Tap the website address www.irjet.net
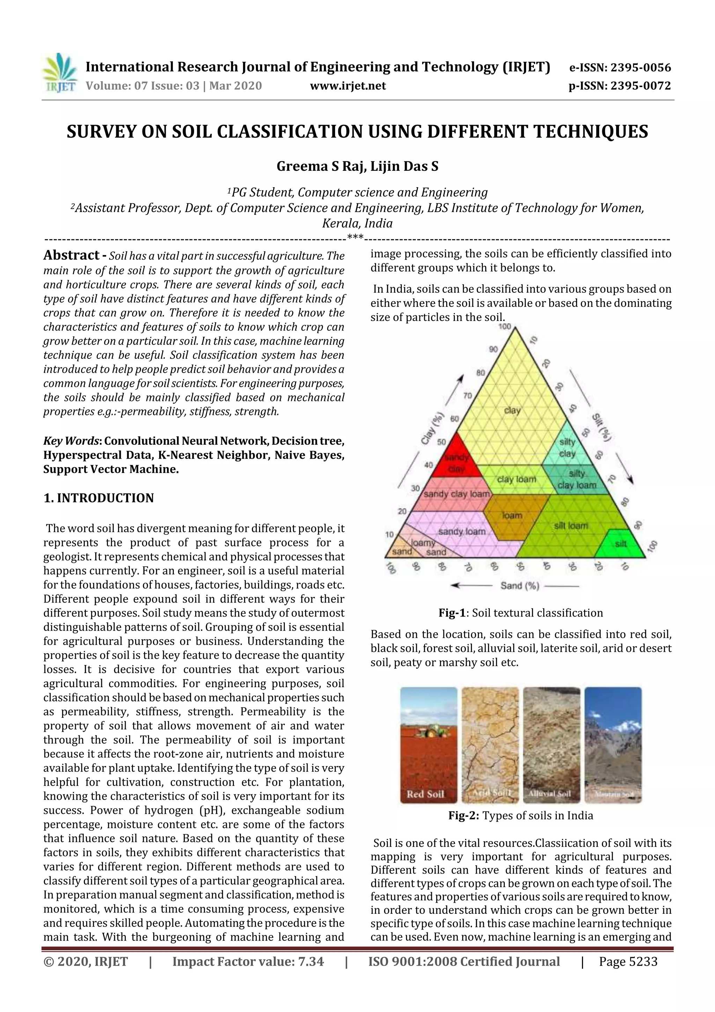348,86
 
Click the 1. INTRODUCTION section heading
99,498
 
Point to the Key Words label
72,441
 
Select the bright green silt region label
621,544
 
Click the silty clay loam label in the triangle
577,480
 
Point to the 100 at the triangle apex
505,327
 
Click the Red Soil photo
428,745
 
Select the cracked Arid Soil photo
490,745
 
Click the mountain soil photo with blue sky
613,745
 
